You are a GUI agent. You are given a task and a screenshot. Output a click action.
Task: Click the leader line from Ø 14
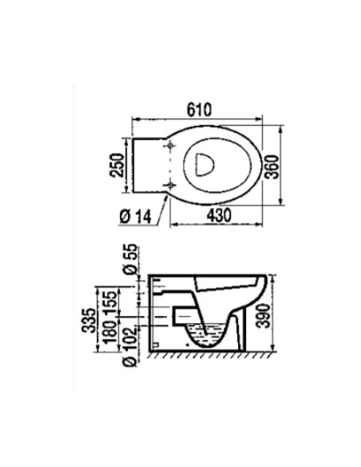[x=163, y=209]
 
